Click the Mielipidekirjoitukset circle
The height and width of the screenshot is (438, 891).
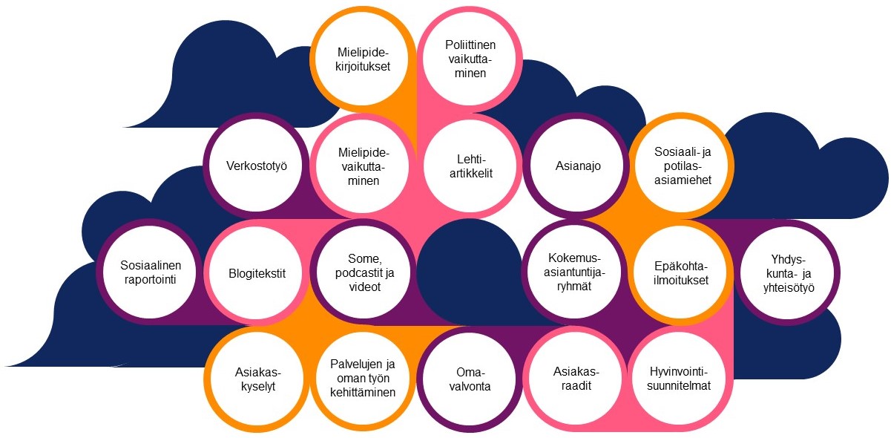(363, 59)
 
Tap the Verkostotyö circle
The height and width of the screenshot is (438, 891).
(257, 166)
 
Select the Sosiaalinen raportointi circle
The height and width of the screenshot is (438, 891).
(151, 272)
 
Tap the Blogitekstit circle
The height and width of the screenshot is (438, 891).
(257, 272)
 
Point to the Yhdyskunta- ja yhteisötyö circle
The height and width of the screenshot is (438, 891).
(788, 272)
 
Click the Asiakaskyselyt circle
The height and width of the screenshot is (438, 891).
(257, 379)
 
